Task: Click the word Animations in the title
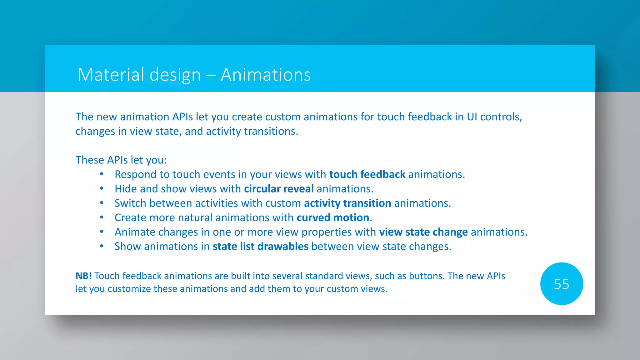(x=266, y=75)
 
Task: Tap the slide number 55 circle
(x=561, y=284)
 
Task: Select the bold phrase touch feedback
(x=367, y=174)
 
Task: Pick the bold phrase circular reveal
(x=279, y=189)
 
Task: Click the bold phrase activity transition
(x=347, y=203)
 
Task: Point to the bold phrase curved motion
(x=333, y=218)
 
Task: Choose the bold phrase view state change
(x=423, y=232)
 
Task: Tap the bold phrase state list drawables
(x=260, y=247)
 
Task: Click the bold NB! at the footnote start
(x=84, y=276)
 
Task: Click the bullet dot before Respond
(x=102, y=174)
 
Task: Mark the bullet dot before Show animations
(x=102, y=246)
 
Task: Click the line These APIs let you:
(x=121, y=160)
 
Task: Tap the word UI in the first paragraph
(x=472, y=117)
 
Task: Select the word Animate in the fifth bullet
(x=135, y=232)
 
